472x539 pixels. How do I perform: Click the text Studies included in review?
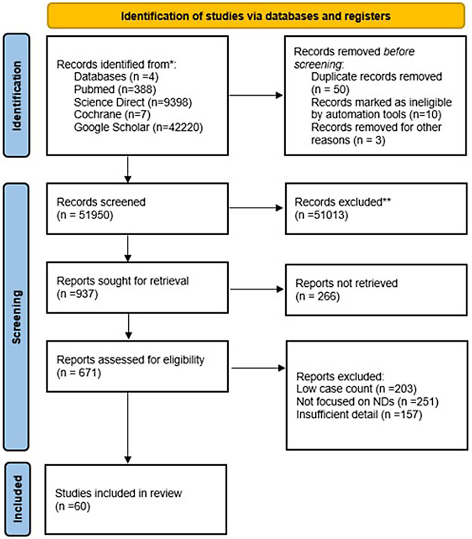[x=111, y=493]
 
